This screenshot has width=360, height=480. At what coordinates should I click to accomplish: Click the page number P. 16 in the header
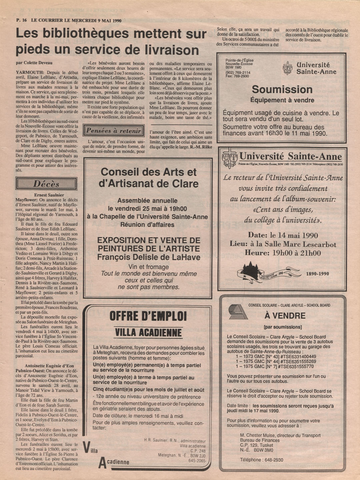[21, 20]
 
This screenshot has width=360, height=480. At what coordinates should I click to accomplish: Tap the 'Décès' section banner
[46, 184]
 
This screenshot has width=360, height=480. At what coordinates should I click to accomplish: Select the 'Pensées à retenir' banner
[113, 131]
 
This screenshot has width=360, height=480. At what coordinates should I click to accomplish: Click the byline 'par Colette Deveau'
[34, 63]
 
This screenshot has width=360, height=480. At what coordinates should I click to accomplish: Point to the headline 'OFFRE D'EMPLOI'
[148, 316]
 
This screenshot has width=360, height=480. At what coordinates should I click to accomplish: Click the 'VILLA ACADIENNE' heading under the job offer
[148, 332]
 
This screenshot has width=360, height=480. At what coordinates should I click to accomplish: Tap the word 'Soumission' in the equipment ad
[282, 89]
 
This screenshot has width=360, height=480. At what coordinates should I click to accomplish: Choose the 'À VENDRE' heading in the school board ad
[285, 316]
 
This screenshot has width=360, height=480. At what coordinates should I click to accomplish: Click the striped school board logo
[237, 312]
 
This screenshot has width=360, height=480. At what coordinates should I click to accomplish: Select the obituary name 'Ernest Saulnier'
[49, 195]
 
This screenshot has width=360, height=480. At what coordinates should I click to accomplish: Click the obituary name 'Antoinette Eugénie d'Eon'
[49, 366]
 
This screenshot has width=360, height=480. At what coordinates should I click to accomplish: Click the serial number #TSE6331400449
[298, 356]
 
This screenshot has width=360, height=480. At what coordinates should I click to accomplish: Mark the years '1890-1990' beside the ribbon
[317, 274]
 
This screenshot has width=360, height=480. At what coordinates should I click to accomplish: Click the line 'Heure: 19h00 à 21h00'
[283, 253]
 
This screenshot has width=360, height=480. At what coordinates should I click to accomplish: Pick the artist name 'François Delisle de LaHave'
[149, 257]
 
